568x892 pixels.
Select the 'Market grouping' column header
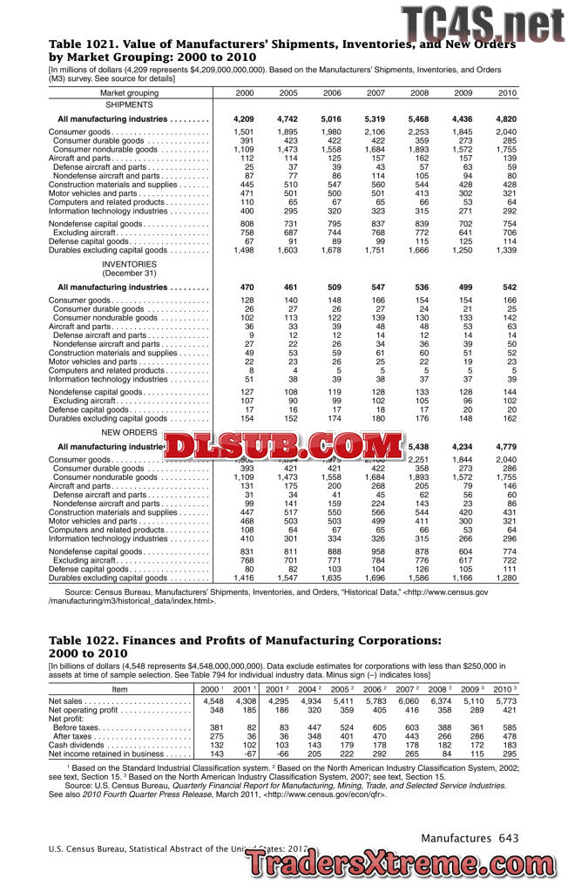(130, 93)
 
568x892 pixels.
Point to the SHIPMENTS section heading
(129, 104)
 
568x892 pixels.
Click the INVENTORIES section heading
(129, 263)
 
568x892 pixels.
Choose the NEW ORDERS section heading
(129, 432)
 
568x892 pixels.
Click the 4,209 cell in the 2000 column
(244, 118)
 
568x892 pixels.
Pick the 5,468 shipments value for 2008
(418, 118)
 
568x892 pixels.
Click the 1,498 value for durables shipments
(244, 250)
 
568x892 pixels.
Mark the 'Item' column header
(120, 689)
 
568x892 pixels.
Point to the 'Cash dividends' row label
(75, 745)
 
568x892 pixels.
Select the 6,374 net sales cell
(441, 701)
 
